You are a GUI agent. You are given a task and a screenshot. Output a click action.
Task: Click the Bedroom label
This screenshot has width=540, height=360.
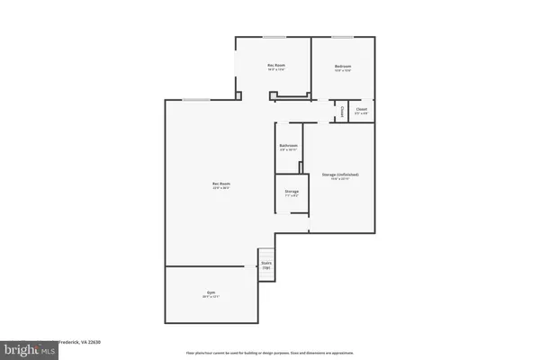pos(343,67)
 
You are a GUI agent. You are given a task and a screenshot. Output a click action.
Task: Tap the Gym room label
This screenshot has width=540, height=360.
pos(211,293)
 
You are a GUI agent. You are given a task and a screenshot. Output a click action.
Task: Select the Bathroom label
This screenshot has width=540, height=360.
pos(288,145)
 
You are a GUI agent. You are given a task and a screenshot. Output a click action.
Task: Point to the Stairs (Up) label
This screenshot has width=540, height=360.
pos(265,265)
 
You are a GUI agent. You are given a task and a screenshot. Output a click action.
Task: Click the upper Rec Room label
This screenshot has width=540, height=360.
pos(275,67)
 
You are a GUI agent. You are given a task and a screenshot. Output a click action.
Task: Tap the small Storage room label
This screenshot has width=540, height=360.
pos(292,191)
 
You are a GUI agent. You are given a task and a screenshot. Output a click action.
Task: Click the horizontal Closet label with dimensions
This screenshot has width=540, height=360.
pos(361,110)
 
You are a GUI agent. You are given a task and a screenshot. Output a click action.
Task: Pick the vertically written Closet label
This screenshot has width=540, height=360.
pos(342,112)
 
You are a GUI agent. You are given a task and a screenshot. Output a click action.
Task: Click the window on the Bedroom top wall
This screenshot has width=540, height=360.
pos(342,37)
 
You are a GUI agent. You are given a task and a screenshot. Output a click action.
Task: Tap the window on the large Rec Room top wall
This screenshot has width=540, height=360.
pos(193,99)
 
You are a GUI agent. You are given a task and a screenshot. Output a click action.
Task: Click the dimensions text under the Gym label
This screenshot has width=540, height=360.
pos(211,298)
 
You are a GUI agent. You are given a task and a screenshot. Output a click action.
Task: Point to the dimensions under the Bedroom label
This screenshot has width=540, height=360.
pos(343,71)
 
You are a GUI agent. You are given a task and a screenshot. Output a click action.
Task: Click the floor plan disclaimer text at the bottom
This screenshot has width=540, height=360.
pos(270,353)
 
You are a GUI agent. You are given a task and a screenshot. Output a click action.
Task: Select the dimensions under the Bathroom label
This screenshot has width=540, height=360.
pos(288,149)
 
